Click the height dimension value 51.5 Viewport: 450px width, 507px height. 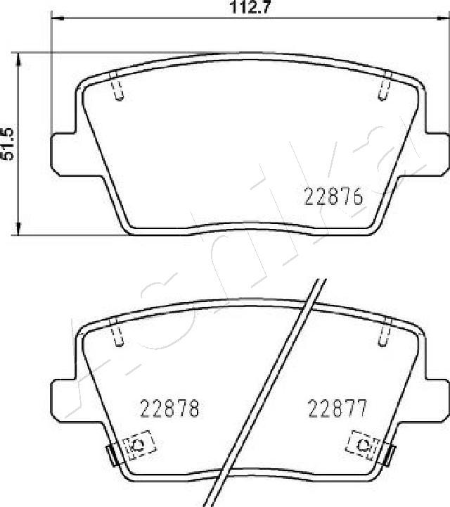[x=9, y=143]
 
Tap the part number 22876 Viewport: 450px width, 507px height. [x=333, y=198]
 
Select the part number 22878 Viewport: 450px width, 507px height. [x=171, y=407]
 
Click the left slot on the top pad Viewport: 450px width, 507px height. [x=119, y=87]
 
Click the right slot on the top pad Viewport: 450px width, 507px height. [x=385, y=87]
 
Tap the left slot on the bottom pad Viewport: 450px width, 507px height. [x=117, y=331]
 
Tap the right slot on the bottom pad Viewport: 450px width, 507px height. [x=385, y=331]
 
